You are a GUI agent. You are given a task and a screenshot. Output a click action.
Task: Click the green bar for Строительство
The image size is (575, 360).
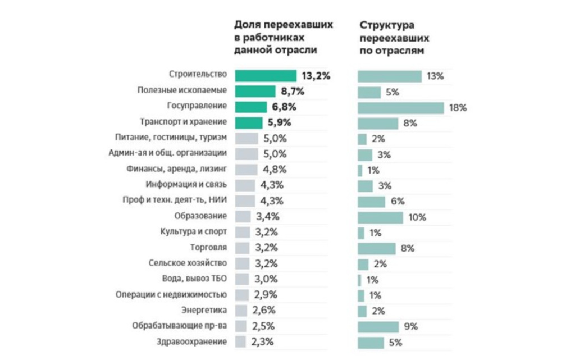pos(266,76)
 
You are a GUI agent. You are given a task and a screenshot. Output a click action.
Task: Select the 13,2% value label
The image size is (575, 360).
pos(315,76)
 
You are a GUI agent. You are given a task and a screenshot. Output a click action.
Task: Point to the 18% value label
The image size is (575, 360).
pos(458,108)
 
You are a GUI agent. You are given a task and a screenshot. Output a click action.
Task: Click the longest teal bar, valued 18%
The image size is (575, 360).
pos(400,108)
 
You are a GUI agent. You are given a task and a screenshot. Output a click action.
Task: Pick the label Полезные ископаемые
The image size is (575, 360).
pos(182,90)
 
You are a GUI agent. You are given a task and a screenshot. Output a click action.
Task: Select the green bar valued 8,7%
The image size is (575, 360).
pos(255,92)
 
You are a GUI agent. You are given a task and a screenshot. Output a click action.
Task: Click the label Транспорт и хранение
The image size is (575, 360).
pos(184,121)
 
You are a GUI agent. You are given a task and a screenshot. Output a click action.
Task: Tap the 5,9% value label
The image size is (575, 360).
pos(279,122)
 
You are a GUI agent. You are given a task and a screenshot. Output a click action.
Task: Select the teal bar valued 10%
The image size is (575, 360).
pos(380,217)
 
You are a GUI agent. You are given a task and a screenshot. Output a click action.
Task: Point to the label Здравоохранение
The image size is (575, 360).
pos(193,341)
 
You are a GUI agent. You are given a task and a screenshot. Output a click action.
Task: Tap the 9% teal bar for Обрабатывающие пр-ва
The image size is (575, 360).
pos(378,326)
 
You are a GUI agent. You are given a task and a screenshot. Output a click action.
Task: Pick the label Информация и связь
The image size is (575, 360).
pos(186,184)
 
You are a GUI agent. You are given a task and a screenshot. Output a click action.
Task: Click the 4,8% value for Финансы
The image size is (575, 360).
pos(275,169)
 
